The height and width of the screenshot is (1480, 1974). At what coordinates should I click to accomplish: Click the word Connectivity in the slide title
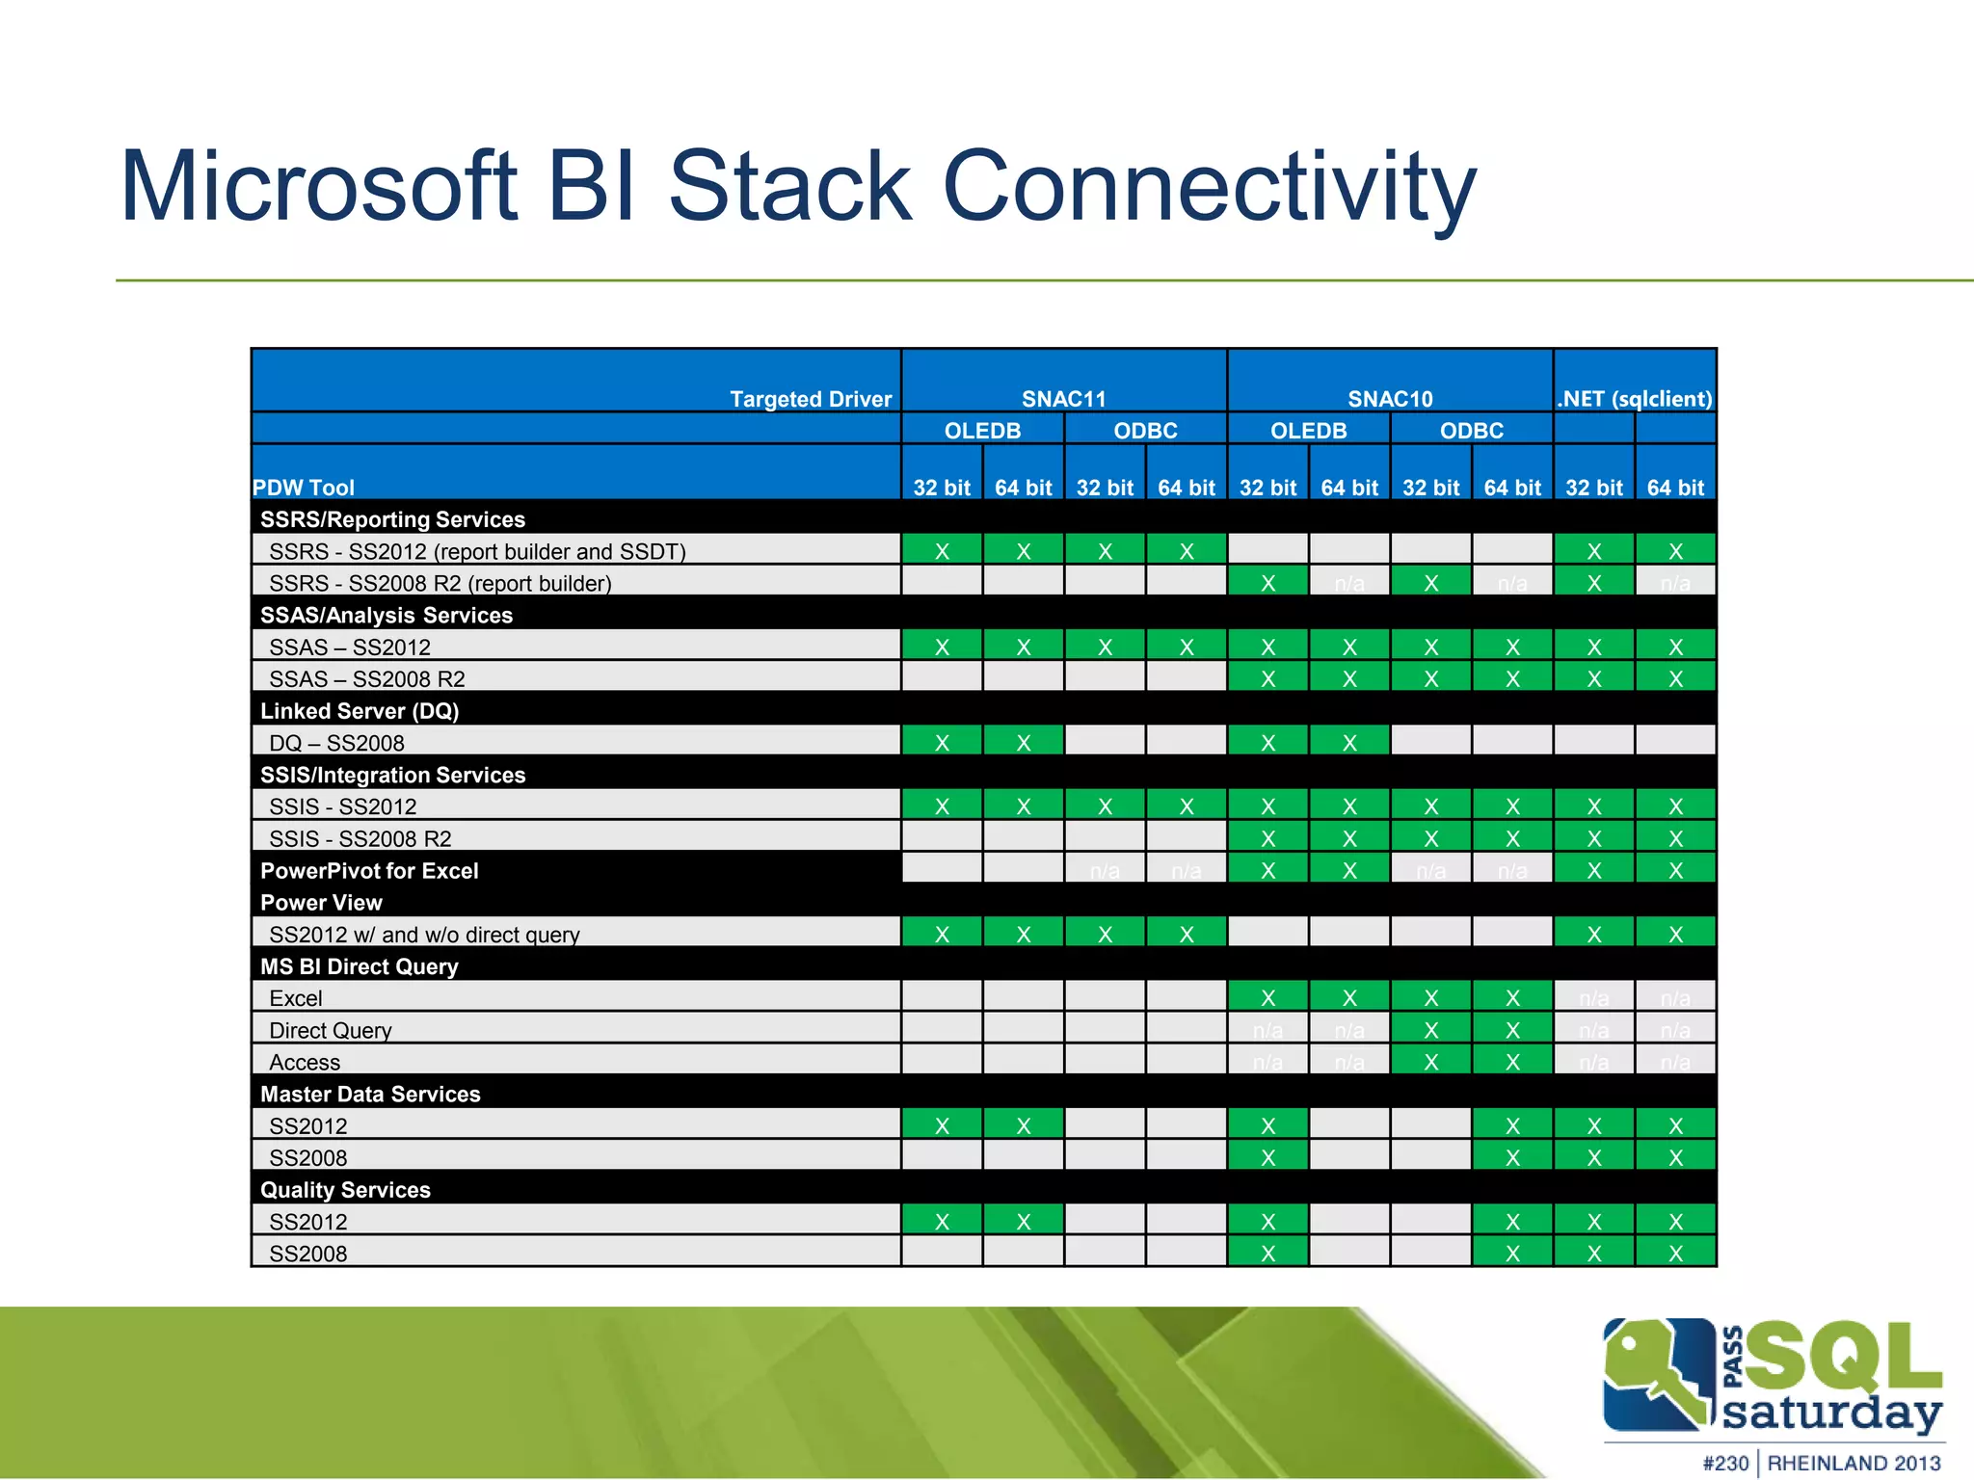click(1209, 188)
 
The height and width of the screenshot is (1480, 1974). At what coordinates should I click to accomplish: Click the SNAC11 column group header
click(1063, 399)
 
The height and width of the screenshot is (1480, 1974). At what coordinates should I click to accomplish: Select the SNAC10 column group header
click(1389, 399)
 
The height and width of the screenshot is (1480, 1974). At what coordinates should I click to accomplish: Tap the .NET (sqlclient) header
click(1635, 399)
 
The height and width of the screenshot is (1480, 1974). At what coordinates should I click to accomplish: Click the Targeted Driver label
click(810, 399)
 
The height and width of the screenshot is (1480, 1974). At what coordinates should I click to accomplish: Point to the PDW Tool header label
click(304, 488)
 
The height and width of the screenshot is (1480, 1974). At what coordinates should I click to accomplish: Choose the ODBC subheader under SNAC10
click(1471, 431)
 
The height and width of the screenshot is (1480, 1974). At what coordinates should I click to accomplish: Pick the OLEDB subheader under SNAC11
click(982, 431)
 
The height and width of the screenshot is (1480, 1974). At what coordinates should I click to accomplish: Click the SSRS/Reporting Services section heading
click(392, 519)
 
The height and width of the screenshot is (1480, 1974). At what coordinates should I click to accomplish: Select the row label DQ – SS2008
click(336, 743)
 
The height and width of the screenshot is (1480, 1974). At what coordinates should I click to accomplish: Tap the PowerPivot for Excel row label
click(369, 871)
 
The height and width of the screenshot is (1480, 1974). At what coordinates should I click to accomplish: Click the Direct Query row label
click(331, 1030)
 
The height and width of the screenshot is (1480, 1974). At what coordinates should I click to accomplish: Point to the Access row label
click(305, 1062)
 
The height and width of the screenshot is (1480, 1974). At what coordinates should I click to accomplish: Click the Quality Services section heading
click(345, 1190)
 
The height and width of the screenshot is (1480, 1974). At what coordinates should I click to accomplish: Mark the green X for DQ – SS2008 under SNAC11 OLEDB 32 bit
click(942, 743)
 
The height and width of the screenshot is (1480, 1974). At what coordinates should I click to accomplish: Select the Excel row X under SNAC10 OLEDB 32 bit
click(1267, 998)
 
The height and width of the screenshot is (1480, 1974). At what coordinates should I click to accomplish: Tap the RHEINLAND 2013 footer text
click(1854, 1463)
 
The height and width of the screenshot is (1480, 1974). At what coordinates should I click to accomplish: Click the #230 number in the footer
click(1725, 1463)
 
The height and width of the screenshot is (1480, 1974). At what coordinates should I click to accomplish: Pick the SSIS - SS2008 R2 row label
click(360, 838)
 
